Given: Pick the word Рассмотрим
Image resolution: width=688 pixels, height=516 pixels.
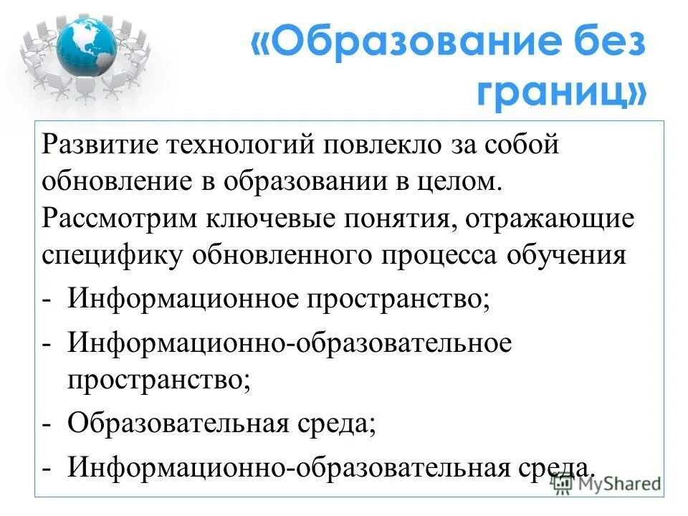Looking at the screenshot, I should pyautogui.click(x=121, y=219).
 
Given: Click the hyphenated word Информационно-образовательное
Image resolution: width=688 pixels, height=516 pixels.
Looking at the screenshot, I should pyautogui.click(x=290, y=343).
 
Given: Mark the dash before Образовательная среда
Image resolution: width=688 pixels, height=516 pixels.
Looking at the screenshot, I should pyautogui.click(x=47, y=423).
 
